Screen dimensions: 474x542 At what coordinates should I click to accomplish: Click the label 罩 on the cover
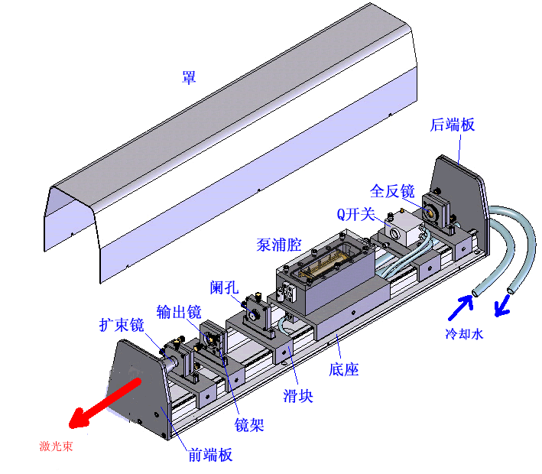(x=188, y=77)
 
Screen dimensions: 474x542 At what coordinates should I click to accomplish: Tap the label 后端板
(x=453, y=125)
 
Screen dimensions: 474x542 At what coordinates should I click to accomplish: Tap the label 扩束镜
(x=122, y=325)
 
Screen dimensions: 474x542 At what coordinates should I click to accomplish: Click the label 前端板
(x=210, y=455)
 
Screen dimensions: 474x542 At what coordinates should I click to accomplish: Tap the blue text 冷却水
(x=465, y=334)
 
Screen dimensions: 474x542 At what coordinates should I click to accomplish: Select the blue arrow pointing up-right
(x=460, y=304)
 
